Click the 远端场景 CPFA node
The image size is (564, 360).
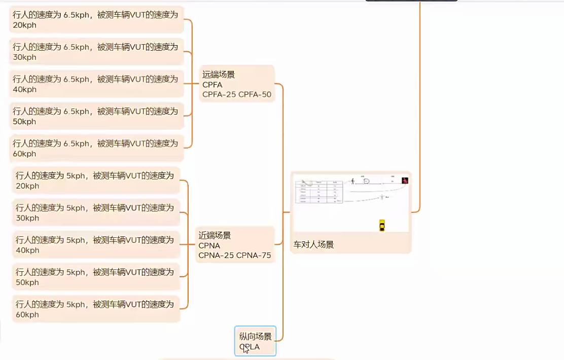point(236,84)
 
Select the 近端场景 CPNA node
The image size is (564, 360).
point(234,245)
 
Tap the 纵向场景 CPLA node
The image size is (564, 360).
point(255,341)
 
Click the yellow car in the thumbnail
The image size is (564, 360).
point(382,225)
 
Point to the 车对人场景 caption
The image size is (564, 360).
point(313,244)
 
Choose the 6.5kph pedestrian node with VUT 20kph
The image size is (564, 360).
point(96,20)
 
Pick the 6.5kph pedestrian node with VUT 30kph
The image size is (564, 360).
point(96,52)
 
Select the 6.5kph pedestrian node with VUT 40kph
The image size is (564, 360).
point(96,84)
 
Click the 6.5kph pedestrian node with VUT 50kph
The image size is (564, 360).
point(96,116)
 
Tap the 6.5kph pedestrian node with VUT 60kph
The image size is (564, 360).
point(96,148)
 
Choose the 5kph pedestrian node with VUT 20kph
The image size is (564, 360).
point(95,181)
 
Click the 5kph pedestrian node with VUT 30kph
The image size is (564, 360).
point(95,212)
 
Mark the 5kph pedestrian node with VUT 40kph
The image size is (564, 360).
point(95,245)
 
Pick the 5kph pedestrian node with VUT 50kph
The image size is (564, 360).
point(95,277)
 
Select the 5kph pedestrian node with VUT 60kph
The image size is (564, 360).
point(95,309)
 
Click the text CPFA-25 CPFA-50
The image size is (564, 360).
point(237,94)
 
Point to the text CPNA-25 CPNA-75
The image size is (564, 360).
point(234,255)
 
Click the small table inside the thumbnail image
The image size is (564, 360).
point(319,192)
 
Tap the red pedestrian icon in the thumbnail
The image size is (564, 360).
point(405,181)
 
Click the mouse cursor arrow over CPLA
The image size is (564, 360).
point(245,349)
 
